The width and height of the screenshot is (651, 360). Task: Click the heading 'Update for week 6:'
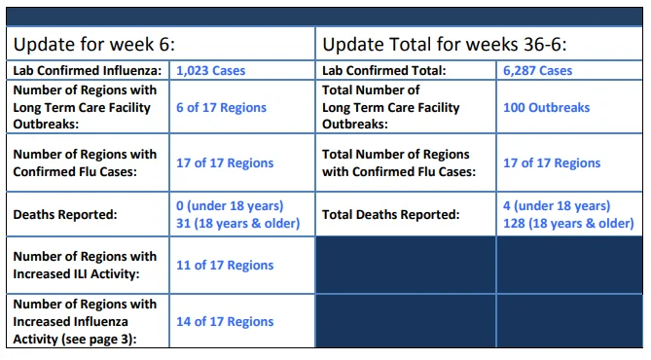point(94,45)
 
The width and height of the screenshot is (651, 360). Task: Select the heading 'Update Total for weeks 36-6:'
point(445,45)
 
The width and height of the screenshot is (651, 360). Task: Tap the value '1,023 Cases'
point(210,71)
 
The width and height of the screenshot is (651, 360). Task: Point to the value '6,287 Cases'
point(538,71)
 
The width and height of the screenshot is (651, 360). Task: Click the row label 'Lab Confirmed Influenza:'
point(88,71)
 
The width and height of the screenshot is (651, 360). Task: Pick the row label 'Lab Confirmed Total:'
point(384,71)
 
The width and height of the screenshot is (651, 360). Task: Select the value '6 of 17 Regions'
point(221,108)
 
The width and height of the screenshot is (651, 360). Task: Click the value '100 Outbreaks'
point(546,108)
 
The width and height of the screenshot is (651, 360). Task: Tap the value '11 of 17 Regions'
point(225,265)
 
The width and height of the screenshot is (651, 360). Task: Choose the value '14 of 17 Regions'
point(225,321)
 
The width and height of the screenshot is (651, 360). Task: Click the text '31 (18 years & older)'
point(237,224)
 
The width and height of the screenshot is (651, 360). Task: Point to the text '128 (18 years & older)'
point(568,224)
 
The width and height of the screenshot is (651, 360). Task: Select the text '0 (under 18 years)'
point(230,206)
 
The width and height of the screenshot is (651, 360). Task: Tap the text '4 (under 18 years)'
point(557,206)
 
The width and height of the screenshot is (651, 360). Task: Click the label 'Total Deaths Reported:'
point(390,215)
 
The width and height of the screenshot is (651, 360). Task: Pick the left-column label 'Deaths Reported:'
point(65,215)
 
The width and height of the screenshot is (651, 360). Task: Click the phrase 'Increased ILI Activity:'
point(76,274)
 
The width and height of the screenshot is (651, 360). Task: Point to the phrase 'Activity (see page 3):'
point(75,340)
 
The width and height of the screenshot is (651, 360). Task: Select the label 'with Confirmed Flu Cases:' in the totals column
point(399,172)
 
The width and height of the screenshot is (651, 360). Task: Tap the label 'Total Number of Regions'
point(396,155)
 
